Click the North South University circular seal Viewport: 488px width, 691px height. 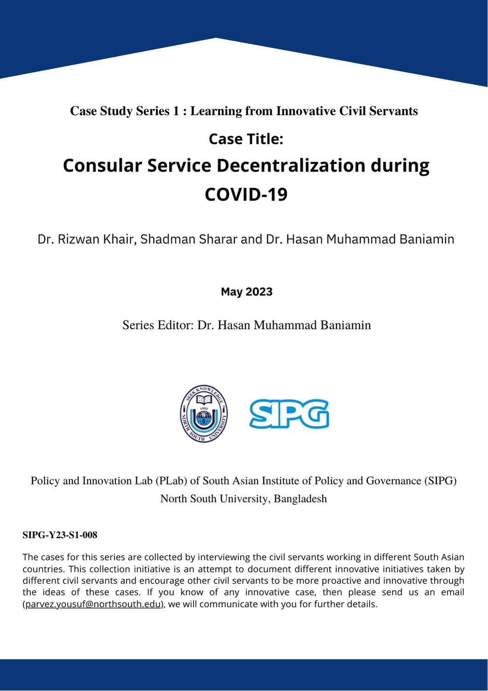(203, 414)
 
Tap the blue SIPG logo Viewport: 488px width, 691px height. (289, 414)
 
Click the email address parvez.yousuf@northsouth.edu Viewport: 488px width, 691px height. (93, 604)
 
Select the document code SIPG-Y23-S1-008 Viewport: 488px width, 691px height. (60, 535)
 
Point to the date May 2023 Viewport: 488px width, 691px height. (246, 292)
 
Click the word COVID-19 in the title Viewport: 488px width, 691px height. (246, 194)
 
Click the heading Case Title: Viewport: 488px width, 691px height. (246, 139)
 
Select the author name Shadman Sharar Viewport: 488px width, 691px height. (189, 239)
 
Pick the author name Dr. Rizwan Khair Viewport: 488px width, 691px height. (86, 239)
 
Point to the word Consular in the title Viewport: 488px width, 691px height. (102, 165)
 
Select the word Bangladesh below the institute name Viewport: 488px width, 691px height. (300, 499)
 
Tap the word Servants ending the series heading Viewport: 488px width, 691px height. (396, 111)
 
